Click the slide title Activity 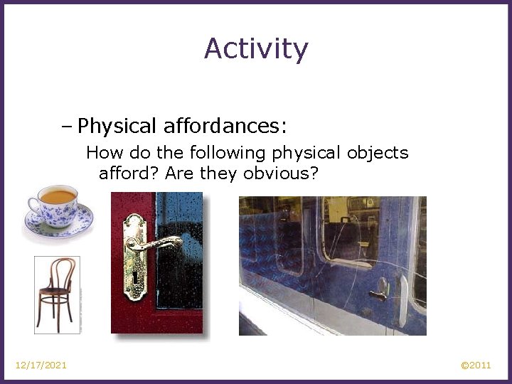pos(256,48)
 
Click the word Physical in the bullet pos(117,127)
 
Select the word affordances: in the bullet pos(225,127)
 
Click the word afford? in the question pos(128,174)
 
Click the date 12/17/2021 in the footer pos(41,366)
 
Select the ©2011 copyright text pos(476,366)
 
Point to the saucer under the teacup pos(58,226)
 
